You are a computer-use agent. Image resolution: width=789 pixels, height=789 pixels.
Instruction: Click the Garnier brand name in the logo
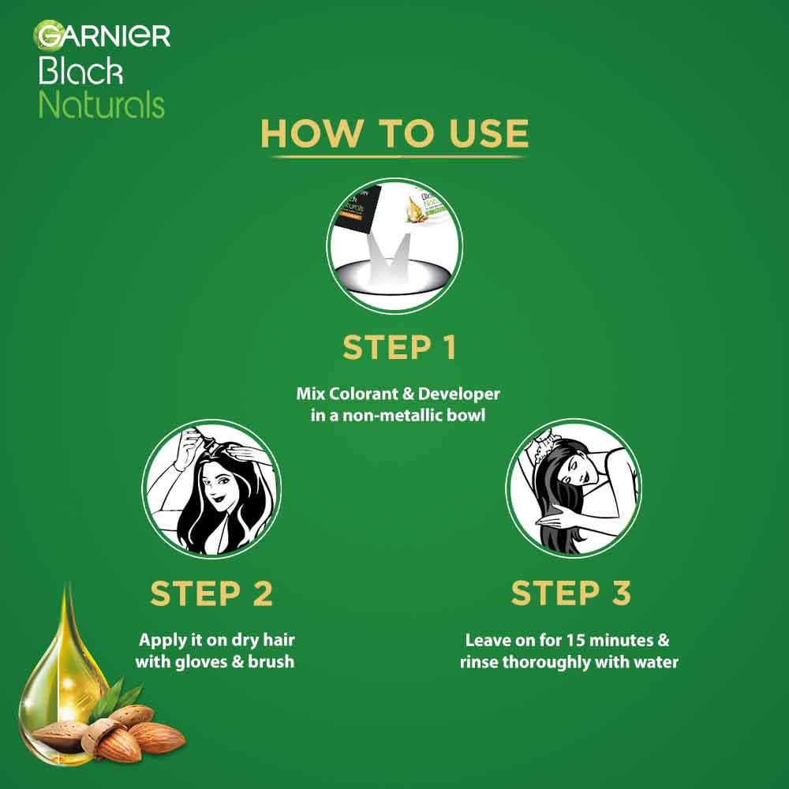tap(103, 36)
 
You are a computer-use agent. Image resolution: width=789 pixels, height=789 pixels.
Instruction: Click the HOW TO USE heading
tap(394, 133)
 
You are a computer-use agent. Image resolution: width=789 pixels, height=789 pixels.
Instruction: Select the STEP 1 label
tap(399, 348)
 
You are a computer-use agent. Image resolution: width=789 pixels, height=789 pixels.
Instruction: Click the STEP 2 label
tap(211, 594)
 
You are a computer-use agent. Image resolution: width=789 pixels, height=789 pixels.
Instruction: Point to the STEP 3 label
tap(571, 594)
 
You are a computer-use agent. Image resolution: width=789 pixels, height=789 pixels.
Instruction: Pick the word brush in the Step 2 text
tap(271, 661)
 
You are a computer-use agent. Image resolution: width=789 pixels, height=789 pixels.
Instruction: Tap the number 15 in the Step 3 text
tap(560, 641)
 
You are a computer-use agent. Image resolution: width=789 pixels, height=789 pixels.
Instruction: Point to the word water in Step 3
tap(656, 661)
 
